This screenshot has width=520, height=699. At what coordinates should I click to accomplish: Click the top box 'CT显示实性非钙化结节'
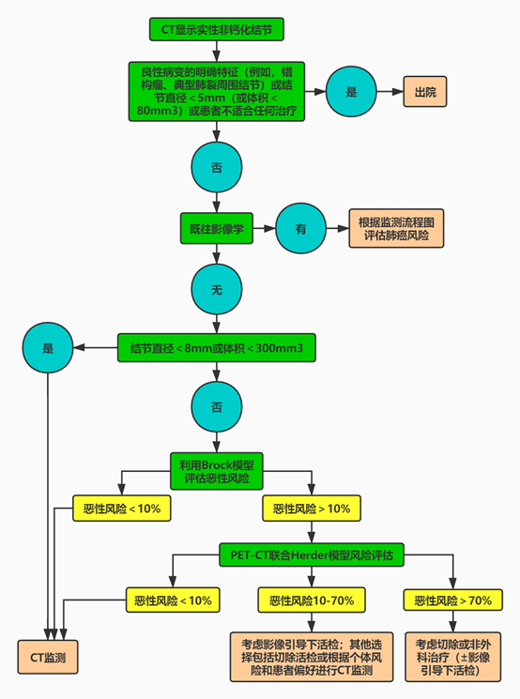216,29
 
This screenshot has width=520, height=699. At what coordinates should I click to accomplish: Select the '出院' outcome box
425,91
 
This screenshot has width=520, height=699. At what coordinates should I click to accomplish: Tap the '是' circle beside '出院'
351,91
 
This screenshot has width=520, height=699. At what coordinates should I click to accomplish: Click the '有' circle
300,228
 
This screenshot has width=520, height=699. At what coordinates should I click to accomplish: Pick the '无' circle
216,289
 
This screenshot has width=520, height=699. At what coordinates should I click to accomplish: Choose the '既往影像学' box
216,228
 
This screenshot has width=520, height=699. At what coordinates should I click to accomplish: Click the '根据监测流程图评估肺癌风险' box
396,228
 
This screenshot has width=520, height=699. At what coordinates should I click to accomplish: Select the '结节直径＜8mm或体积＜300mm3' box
216,348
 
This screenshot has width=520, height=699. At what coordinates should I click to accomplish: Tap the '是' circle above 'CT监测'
48,348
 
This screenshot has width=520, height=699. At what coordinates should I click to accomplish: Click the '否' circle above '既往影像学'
216,167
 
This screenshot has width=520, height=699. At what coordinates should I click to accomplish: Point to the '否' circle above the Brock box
216,406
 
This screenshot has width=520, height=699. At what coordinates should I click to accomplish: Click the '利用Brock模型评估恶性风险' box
216,471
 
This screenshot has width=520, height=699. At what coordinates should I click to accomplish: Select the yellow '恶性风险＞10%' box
312,509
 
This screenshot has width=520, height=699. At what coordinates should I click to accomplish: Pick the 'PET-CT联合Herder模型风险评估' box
312,555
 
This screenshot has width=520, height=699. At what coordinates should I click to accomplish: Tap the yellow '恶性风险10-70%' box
312,600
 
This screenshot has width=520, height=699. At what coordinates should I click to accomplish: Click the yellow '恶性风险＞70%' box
452,600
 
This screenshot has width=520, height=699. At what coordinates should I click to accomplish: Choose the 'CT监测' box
48,657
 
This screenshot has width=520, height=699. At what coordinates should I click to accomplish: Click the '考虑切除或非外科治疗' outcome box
452,657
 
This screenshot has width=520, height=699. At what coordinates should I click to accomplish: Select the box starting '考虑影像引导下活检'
312,657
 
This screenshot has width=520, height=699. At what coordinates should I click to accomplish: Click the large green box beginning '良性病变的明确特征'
216,91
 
